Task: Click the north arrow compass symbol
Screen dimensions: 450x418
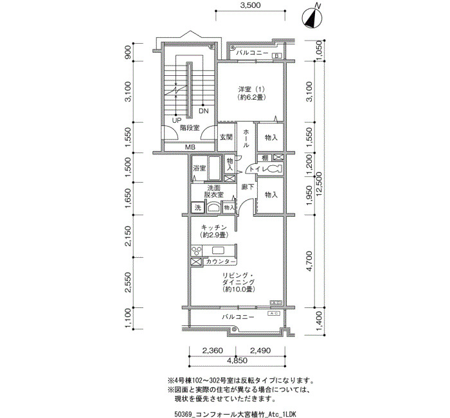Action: click(312, 18)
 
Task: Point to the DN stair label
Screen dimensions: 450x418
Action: click(204, 111)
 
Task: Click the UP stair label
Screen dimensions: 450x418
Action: click(177, 120)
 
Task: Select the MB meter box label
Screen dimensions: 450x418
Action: click(190, 147)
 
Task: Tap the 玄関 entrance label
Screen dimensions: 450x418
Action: click(226, 137)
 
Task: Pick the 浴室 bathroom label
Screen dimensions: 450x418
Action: click(199, 168)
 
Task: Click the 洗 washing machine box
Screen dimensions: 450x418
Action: click(198, 207)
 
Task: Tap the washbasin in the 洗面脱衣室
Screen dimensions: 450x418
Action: click(213, 207)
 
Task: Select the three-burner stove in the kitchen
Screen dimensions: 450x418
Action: click(197, 250)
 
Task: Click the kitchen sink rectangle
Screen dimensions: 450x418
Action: click(220, 250)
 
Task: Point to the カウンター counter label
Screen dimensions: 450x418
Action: click(220, 262)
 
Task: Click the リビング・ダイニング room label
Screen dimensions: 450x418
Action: click(239, 278)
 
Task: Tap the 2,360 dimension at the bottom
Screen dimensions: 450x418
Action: click(212, 350)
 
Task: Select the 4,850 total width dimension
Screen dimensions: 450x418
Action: click(237, 360)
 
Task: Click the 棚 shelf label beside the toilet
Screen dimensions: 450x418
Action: click(265, 158)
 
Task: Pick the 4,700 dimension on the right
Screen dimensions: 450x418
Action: click(309, 261)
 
